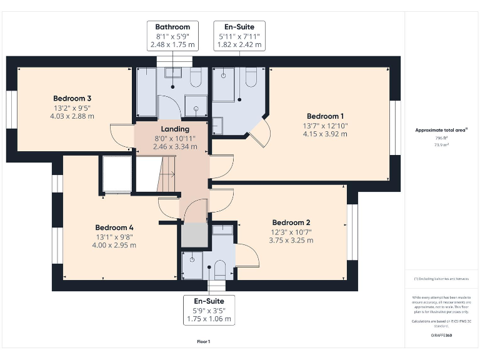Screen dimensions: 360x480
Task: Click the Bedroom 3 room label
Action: (72, 99)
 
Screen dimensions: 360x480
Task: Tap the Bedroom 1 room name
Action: (325, 116)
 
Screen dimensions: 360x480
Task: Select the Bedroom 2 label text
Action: (291, 222)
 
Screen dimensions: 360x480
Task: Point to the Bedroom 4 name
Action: (114, 227)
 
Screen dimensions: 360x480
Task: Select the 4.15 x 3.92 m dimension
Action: (325, 134)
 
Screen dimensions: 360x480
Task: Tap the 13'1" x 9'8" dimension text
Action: (114, 237)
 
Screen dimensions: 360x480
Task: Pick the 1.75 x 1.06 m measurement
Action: (209, 319)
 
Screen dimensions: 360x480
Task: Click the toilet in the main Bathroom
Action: (194, 79)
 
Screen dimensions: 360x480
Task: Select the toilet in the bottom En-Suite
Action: (219, 269)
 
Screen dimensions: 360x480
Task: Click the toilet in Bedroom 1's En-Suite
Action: (252, 78)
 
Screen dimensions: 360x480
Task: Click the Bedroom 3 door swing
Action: (121, 135)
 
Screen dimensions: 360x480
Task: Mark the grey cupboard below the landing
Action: (193, 235)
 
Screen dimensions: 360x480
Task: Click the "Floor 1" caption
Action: (203, 341)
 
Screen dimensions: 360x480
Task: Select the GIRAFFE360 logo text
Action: (441, 336)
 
